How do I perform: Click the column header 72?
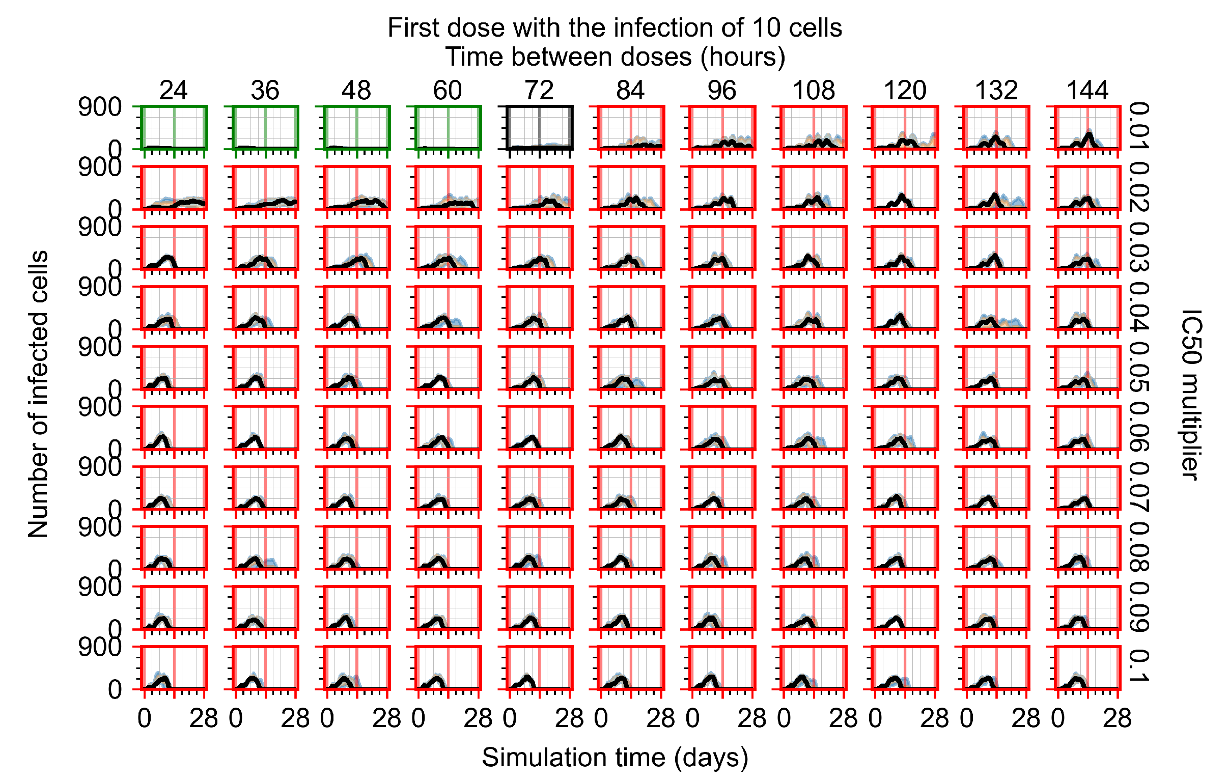[x=539, y=91]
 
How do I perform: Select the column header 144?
[x=1087, y=91]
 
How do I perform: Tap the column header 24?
[x=174, y=91]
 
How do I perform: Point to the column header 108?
[x=814, y=91]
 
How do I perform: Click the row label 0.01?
[x=1138, y=126]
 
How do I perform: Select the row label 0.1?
[x=1138, y=666]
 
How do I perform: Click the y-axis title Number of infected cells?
[x=38, y=394]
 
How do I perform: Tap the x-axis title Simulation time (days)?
[x=615, y=757]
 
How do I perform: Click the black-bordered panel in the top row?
[x=539, y=127]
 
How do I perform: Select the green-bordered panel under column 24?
[x=174, y=127]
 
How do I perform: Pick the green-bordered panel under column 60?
[x=448, y=127]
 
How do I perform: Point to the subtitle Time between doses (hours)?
[x=615, y=57]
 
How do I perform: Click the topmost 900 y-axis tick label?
[x=99, y=107]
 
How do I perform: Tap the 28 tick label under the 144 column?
[x=1117, y=718]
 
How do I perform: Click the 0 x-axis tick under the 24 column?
[x=144, y=718]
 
